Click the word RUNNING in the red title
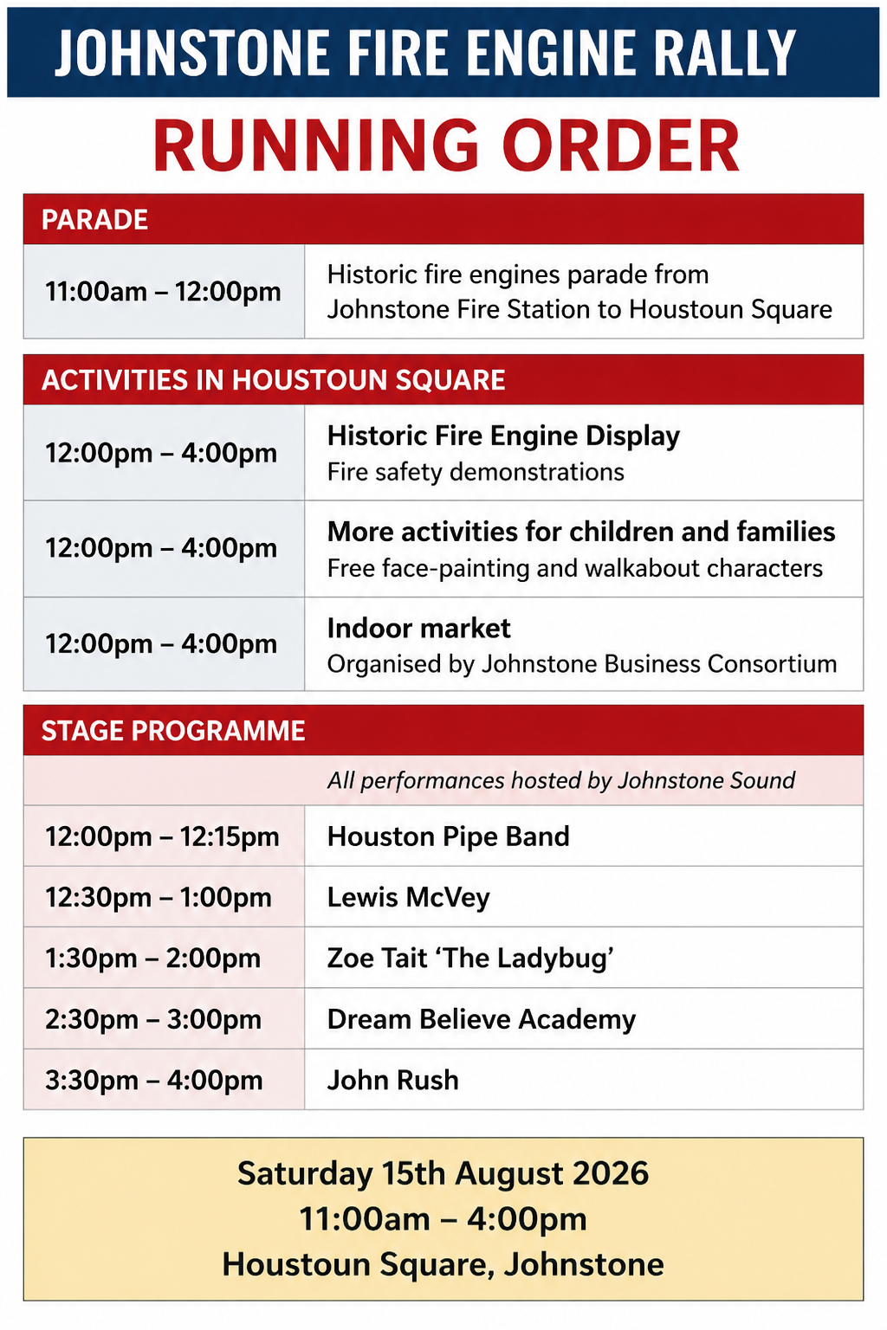tap(315, 145)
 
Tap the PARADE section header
tap(94, 220)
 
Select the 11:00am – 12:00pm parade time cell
tap(163, 292)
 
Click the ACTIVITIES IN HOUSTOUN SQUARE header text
tap(273, 380)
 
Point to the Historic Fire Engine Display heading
tap(503, 436)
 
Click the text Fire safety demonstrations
tap(476, 473)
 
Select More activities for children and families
tap(581, 532)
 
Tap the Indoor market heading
tap(419, 628)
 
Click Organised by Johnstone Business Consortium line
tap(581, 664)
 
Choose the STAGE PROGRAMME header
tap(173, 730)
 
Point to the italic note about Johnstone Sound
tap(560, 780)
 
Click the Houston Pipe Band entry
tap(448, 836)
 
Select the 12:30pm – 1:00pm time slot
tap(158, 897)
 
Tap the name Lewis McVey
tap(408, 897)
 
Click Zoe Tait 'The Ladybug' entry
tap(470, 959)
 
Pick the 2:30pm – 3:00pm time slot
tap(153, 1019)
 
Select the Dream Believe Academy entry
tap(482, 1019)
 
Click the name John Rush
tap(392, 1080)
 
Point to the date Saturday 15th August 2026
tap(443, 1173)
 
